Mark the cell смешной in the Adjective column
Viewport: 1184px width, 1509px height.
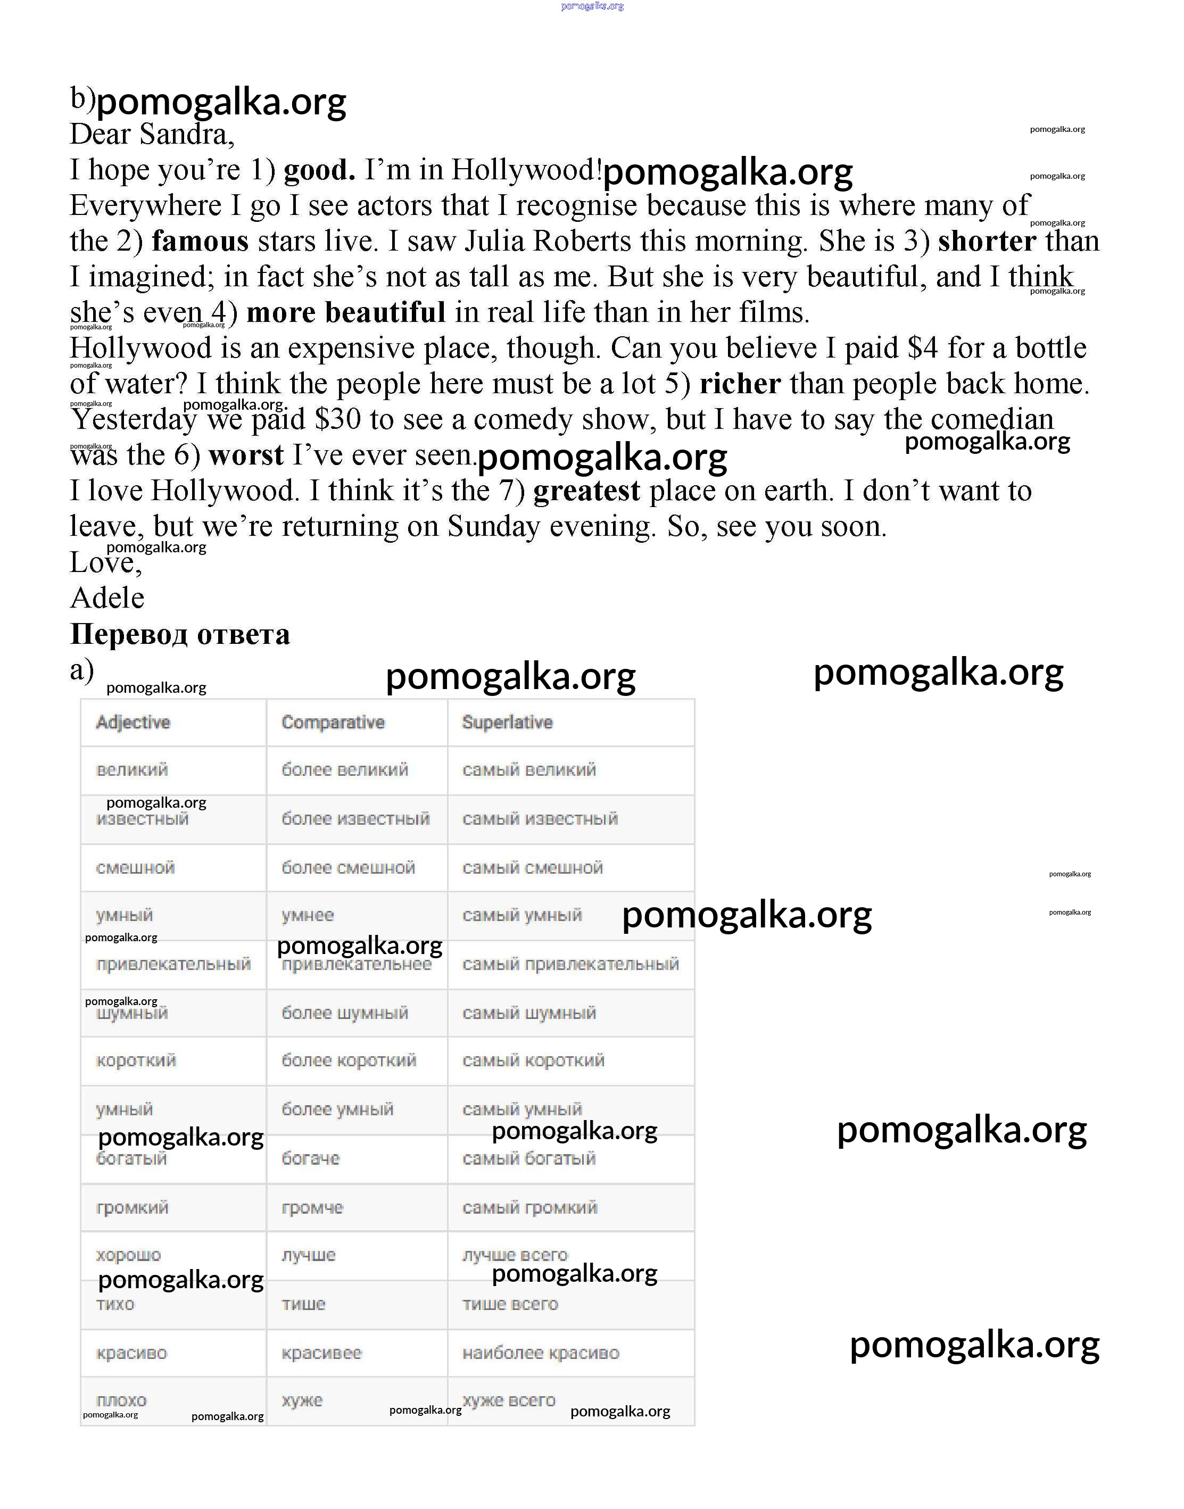pyautogui.click(x=135, y=868)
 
